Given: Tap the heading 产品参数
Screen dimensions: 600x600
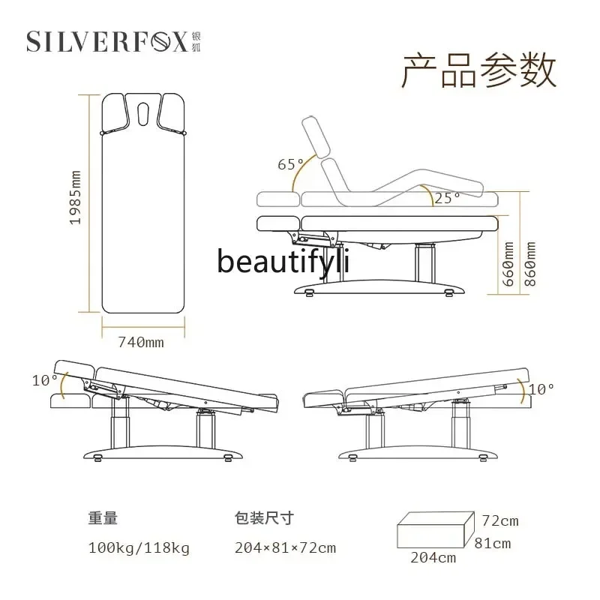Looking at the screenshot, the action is (x=480, y=71).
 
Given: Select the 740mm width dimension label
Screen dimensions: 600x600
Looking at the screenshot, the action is (x=141, y=343).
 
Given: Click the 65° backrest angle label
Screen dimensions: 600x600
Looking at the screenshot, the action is (x=291, y=164).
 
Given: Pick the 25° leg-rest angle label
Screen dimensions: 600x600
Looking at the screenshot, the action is (x=448, y=198).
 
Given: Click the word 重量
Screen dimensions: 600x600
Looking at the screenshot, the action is (x=103, y=517).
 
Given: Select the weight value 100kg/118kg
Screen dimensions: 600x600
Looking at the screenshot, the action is (x=139, y=548).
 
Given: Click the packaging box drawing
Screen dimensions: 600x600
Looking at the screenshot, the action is (x=433, y=529).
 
